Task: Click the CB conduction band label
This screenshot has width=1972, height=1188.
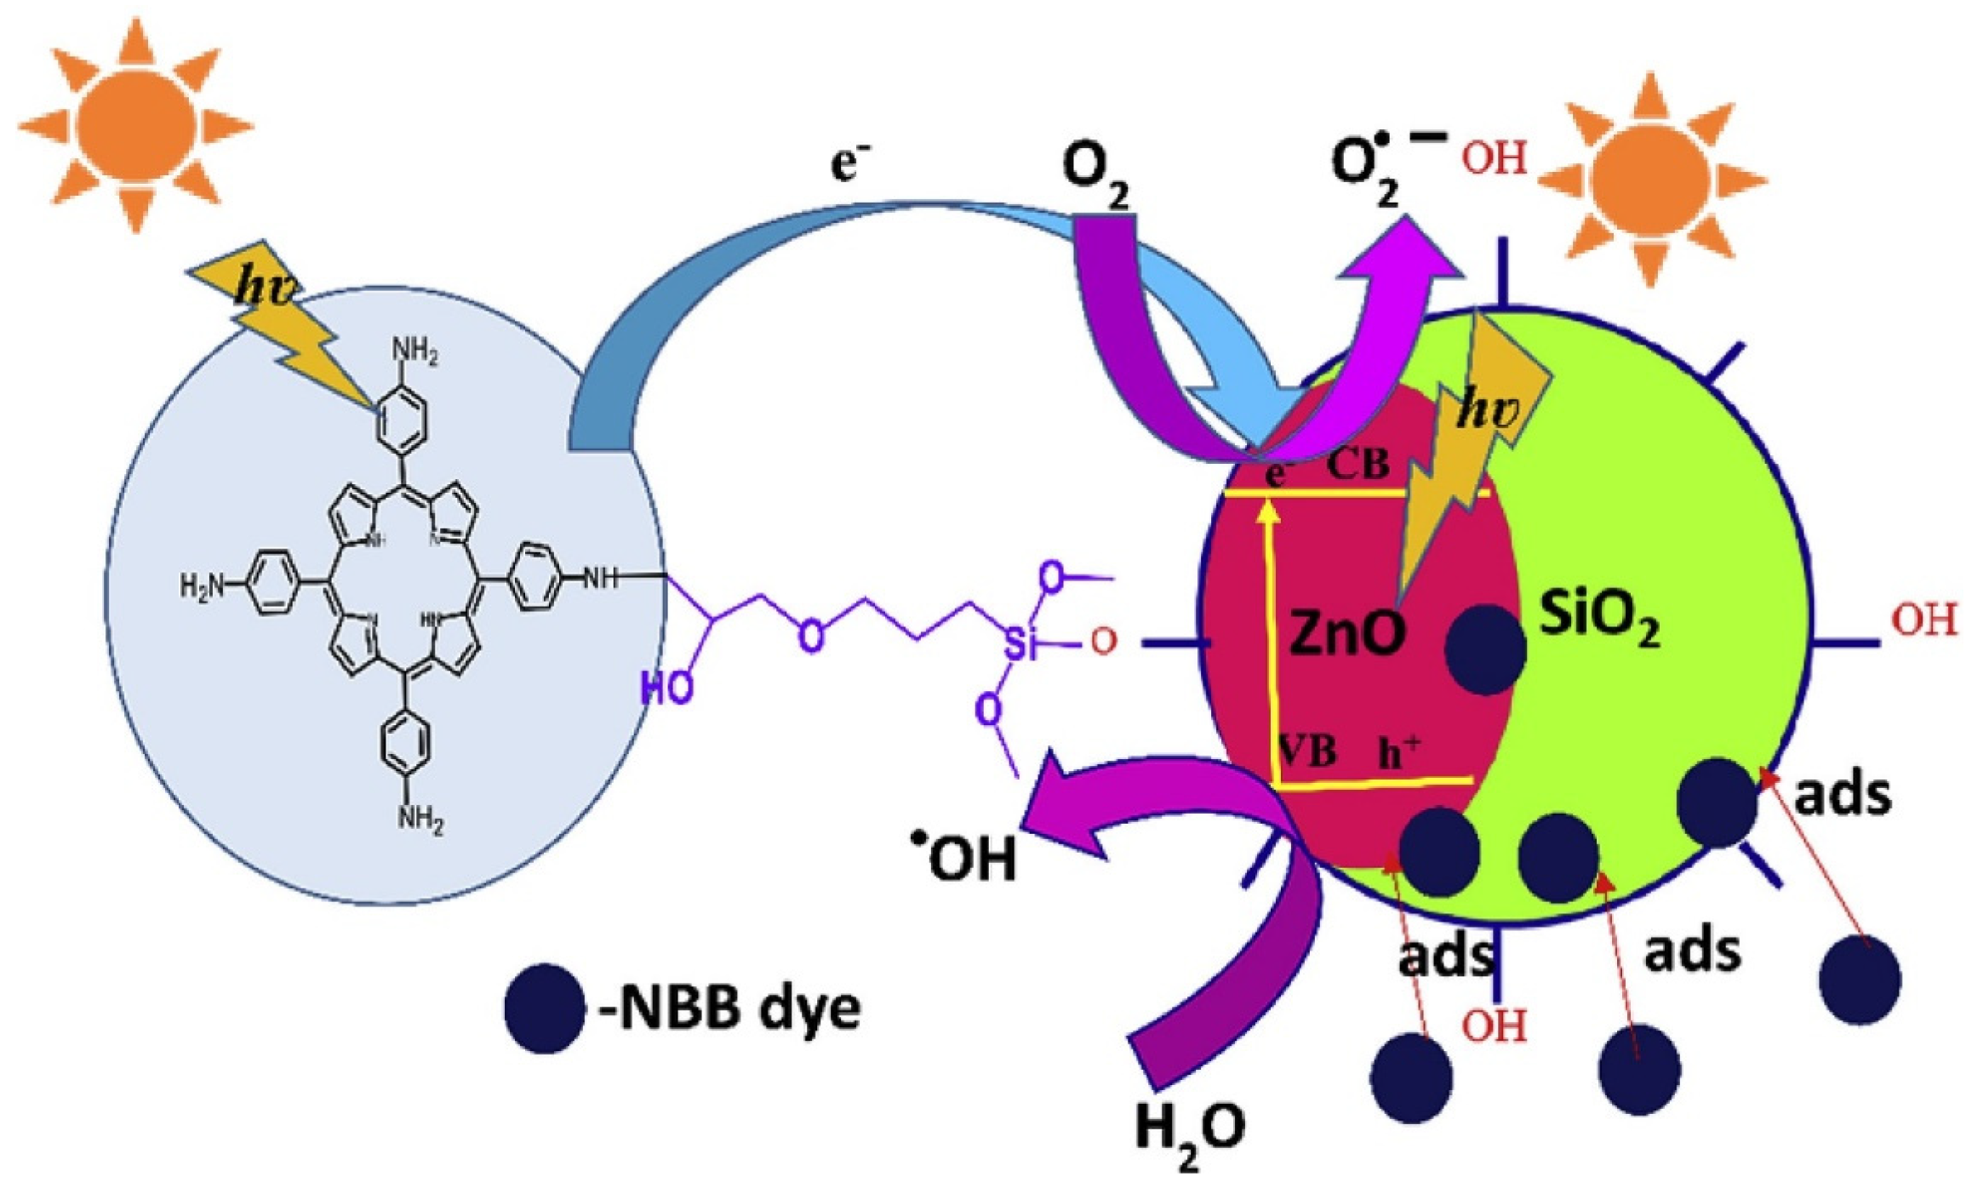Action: (x=1358, y=465)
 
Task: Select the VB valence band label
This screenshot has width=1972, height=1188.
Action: (x=1308, y=751)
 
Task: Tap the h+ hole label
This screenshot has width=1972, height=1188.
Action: (x=1399, y=752)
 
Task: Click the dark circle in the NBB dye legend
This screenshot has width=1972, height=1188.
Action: (x=544, y=1008)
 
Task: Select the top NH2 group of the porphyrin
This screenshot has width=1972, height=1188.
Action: (x=414, y=351)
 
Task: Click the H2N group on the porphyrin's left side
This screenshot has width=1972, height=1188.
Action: (x=203, y=585)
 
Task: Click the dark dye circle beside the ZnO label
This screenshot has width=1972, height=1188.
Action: (x=1484, y=649)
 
